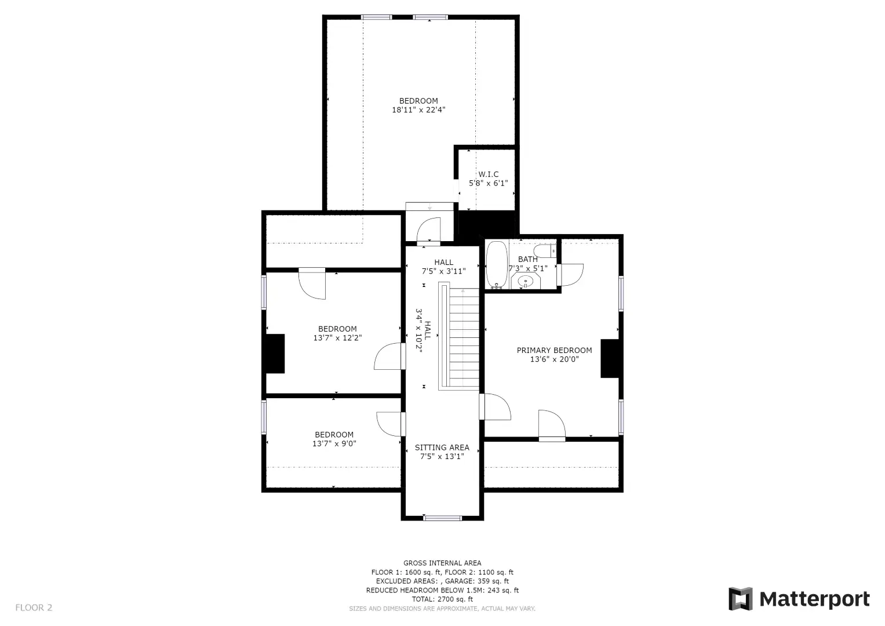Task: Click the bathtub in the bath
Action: click(497, 265)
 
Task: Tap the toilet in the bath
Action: click(545, 251)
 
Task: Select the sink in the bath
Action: click(526, 282)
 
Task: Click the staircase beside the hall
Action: click(458, 336)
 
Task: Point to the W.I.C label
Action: click(489, 174)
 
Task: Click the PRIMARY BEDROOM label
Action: click(554, 350)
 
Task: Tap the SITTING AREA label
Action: click(442, 447)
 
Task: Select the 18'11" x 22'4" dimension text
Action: click(418, 110)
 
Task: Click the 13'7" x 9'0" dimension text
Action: click(334, 444)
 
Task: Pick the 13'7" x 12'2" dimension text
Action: click(337, 338)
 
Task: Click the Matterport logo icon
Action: click(740, 599)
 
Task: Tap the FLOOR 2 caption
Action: click(34, 607)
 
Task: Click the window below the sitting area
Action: click(442, 518)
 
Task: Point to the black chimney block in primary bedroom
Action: click(610, 358)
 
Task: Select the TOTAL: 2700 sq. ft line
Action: click(442, 599)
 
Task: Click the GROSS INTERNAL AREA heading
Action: click(442, 563)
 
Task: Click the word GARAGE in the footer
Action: click(460, 581)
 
